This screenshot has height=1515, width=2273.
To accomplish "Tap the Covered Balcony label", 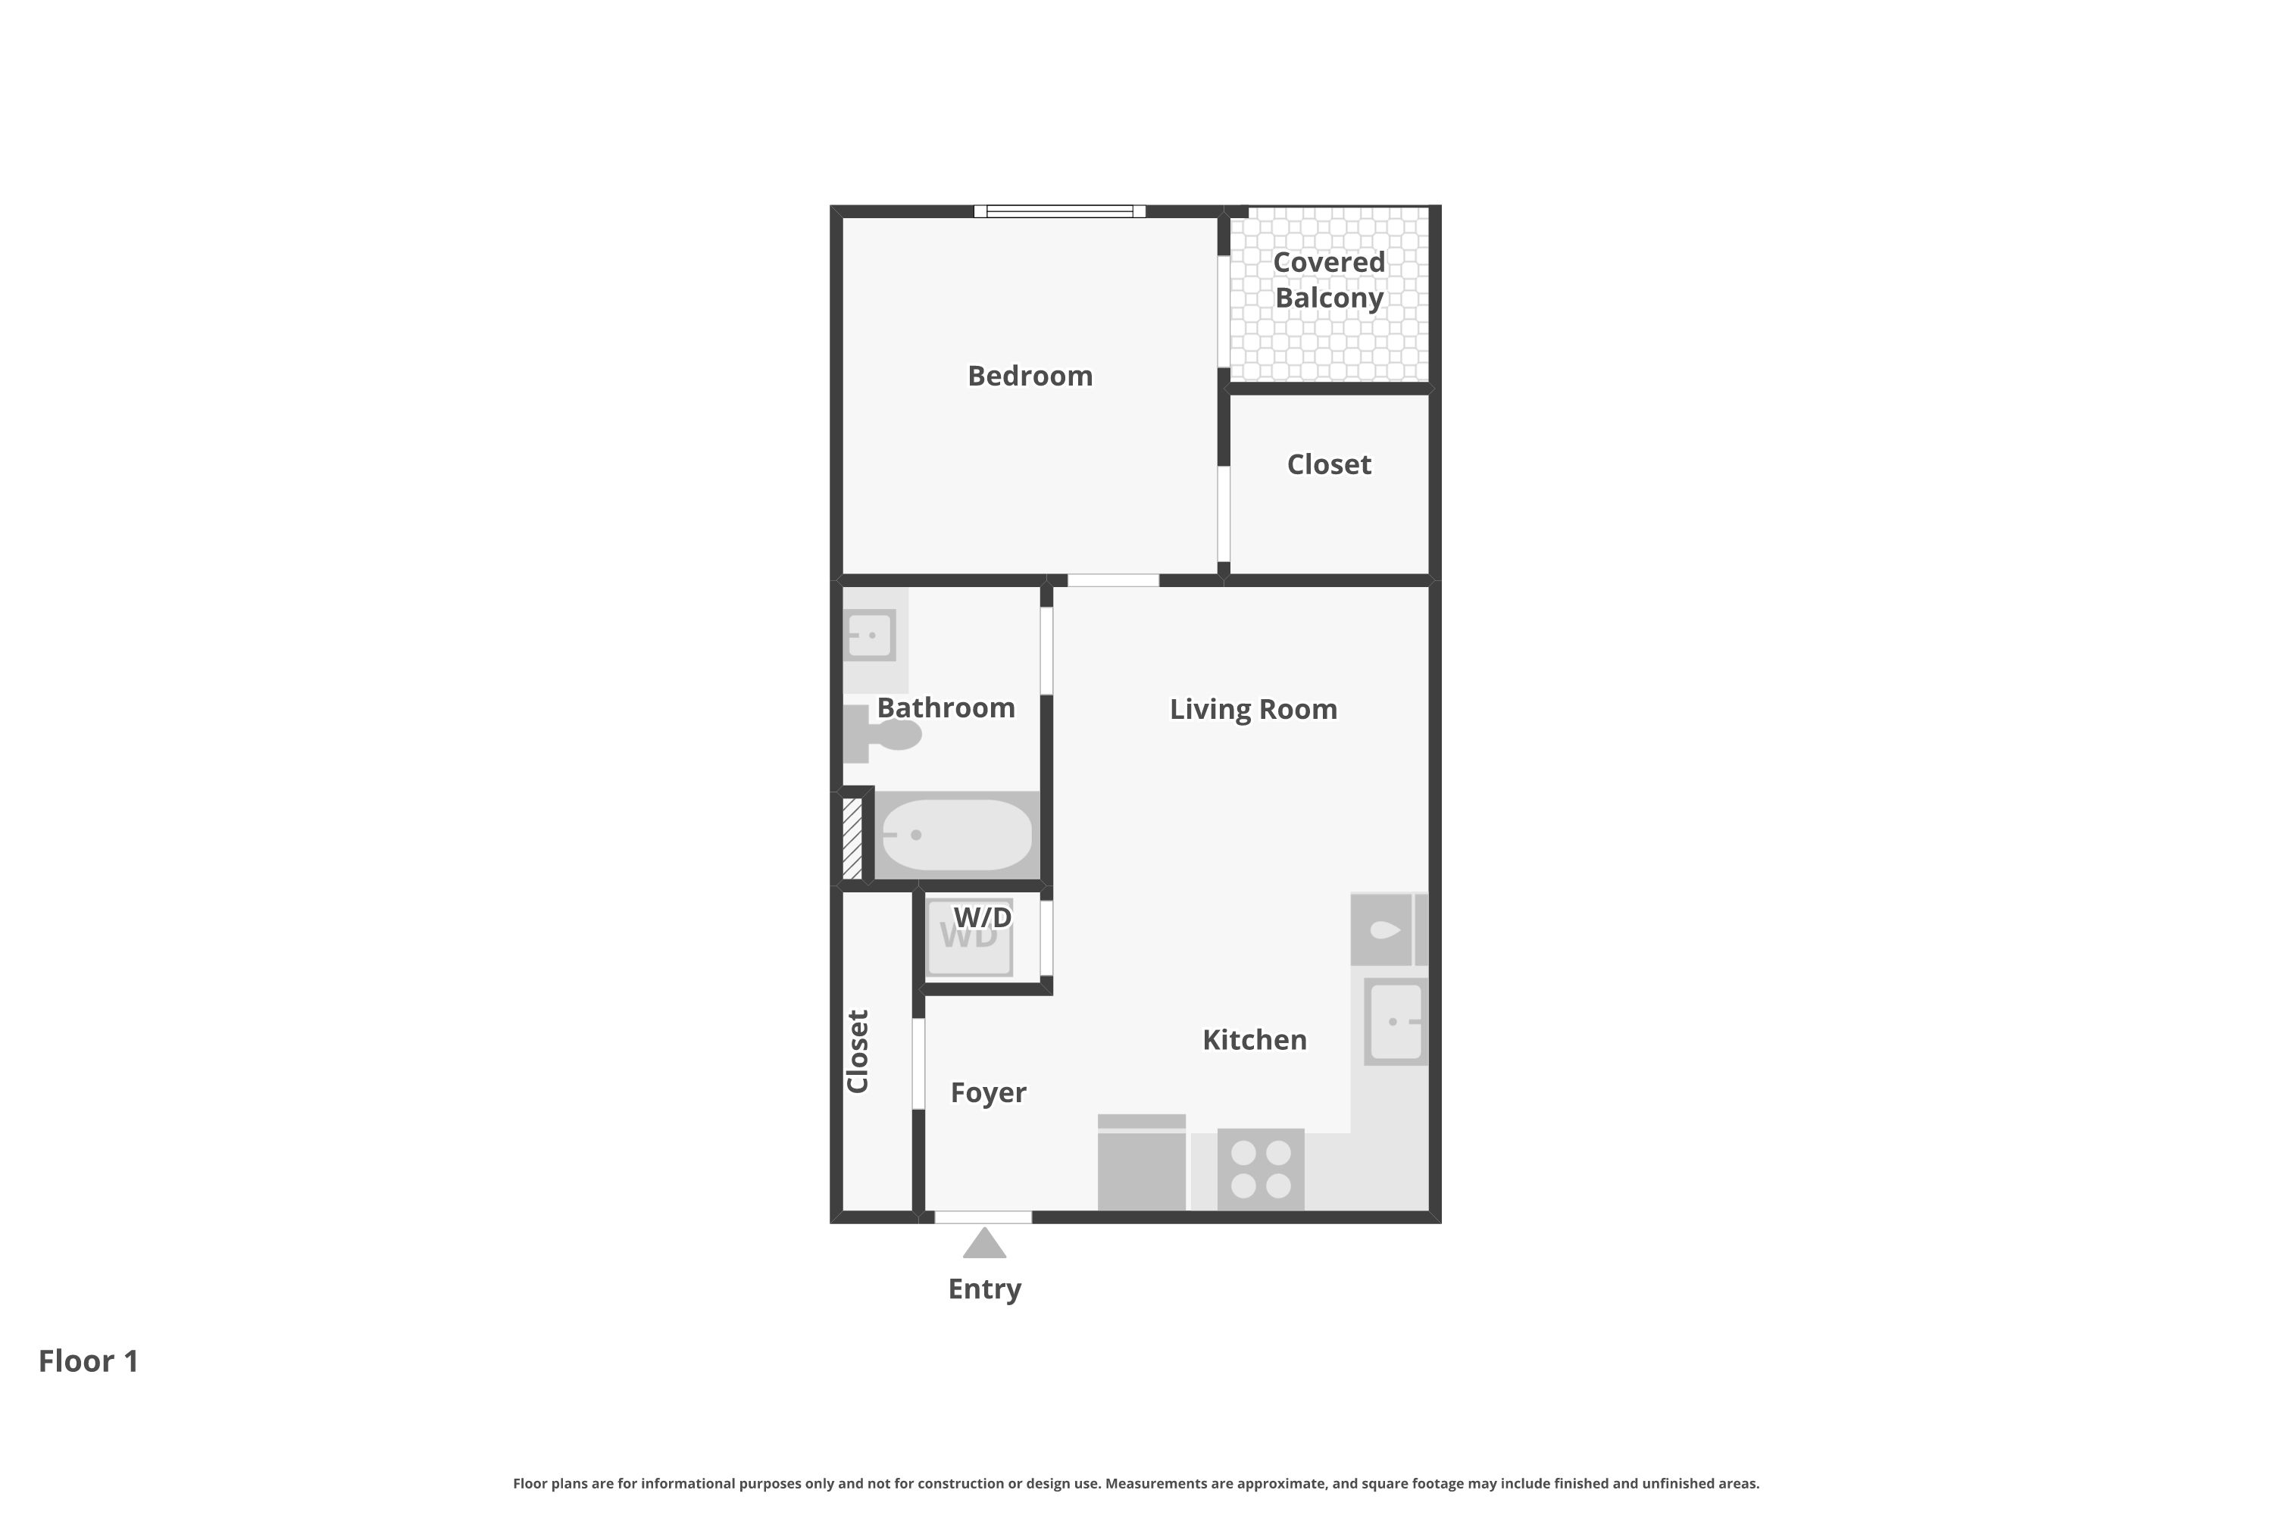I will pyautogui.click(x=1329, y=280).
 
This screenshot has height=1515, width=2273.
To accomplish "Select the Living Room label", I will pyautogui.click(x=1252, y=709).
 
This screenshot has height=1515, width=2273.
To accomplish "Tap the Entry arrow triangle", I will pyautogui.click(x=983, y=1244).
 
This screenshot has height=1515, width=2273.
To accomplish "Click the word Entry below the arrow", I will pyautogui.click(x=983, y=1289).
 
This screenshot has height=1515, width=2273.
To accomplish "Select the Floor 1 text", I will pyautogui.click(x=88, y=1360).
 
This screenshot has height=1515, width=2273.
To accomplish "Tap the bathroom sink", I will pyautogui.click(x=869, y=636).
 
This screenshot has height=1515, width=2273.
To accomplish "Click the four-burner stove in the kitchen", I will pyautogui.click(x=1260, y=1168).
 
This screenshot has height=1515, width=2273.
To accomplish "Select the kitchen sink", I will pyautogui.click(x=1396, y=1021).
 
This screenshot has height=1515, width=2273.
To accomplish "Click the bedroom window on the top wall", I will pyautogui.click(x=1059, y=211).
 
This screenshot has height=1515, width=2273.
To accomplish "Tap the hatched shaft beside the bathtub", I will pyautogui.click(x=852, y=838).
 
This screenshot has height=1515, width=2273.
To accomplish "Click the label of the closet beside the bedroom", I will pyautogui.click(x=1329, y=465).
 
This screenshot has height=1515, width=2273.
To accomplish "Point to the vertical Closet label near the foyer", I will pyautogui.click(x=857, y=1051).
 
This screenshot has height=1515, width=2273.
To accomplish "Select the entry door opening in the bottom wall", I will pyautogui.click(x=983, y=1217).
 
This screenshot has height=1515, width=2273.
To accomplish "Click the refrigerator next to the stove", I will pyautogui.click(x=1141, y=1164).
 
